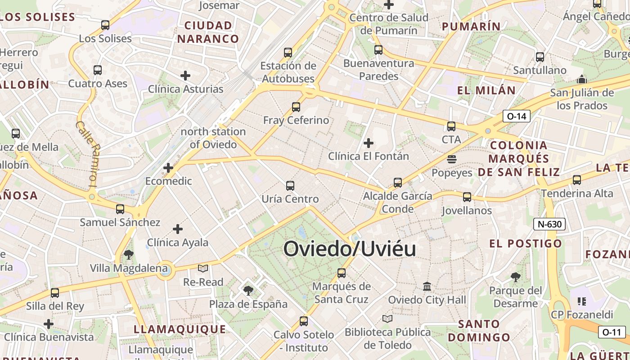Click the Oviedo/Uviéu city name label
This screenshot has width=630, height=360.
click(350, 248)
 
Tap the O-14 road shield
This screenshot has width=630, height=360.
click(516, 117)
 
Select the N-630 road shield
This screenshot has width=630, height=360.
click(549, 224)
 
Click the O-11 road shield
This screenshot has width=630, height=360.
click(612, 333)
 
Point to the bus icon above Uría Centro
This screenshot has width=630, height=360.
click(290, 185)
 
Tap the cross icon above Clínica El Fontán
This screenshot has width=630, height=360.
click(369, 143)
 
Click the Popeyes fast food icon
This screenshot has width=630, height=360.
click(452, 159)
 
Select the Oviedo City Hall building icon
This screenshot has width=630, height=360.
click(427, 286)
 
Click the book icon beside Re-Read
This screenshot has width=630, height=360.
click(203, 269)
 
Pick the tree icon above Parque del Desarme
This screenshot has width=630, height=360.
click(516, 277)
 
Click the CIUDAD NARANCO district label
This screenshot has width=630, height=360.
click(208, 32)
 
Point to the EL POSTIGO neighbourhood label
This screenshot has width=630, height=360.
click(526, 244)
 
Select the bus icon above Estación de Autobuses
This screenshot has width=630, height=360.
click(288, 52)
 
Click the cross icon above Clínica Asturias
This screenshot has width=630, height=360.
click(185, 76)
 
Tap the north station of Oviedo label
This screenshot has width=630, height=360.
click(213, 138)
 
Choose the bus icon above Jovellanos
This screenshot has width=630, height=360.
click(467, 197)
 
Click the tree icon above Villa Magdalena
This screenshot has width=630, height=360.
click(128, 255)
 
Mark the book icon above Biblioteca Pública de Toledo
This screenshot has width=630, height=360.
click(387, 319)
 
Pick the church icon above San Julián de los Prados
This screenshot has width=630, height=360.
click(582, 80)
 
